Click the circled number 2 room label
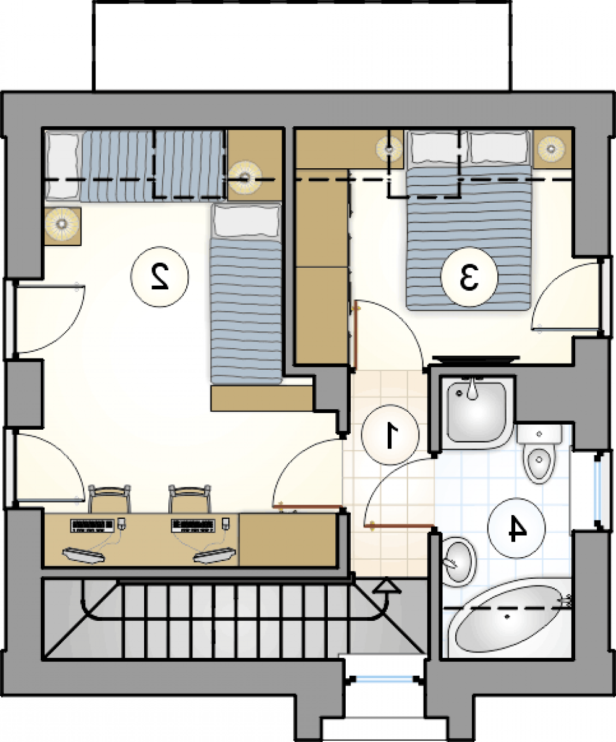160,277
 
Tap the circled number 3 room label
469,277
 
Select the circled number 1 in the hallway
390,435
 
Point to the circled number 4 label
516,527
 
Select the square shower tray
477,412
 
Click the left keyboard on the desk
92,526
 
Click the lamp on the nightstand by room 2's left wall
62,224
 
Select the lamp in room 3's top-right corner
551,148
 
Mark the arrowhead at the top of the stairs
387,586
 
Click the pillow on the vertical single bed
246,221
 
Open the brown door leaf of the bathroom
399,525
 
